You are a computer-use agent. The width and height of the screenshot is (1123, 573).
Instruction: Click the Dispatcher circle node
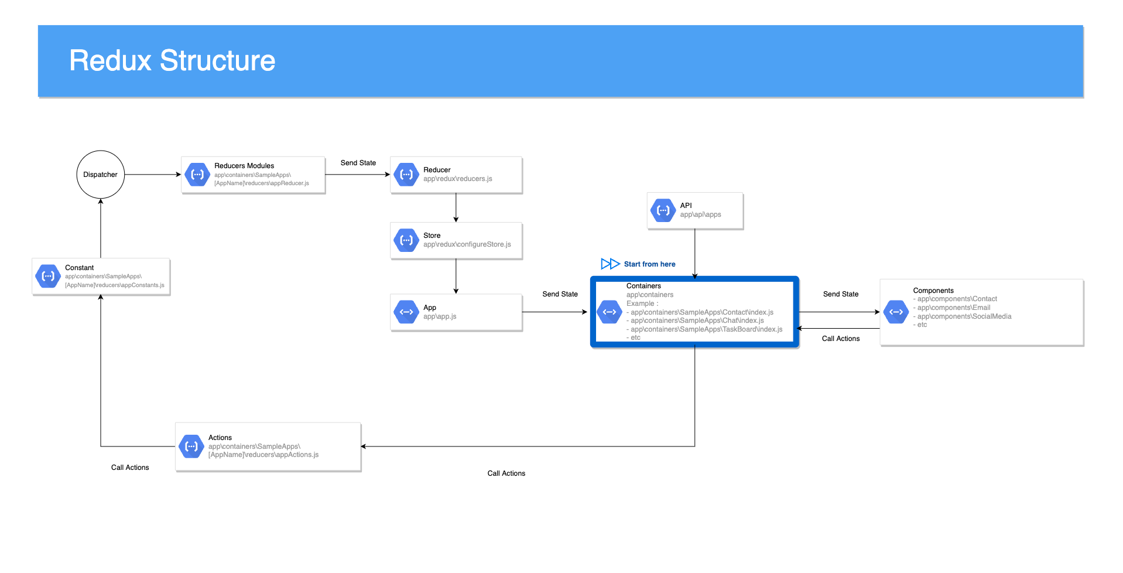tap(101, 175)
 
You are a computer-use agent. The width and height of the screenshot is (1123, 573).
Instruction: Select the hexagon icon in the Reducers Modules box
tap(197, 175)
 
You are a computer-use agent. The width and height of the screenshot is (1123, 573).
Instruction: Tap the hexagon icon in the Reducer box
tap(406, 175)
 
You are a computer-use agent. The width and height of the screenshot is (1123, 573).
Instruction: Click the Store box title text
tap(432, 236)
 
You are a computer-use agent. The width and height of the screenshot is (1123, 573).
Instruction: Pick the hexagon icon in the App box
tap(406, 312)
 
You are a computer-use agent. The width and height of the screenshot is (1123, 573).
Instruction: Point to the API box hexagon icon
tap(663, 210)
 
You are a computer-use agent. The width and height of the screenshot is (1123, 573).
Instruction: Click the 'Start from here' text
tap(649, 264)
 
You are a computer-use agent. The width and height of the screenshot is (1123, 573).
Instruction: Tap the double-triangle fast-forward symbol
tap(610, 264)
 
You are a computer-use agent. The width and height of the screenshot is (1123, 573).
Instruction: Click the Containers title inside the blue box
tap(643, 286)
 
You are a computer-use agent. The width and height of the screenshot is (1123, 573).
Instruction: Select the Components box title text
tap(933, 291)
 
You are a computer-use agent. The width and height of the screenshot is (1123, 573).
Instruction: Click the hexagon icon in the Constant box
tap(48, 277)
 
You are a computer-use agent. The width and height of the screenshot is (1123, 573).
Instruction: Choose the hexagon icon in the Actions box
tap(191, 446)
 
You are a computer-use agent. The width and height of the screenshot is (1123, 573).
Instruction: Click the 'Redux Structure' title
tap(172, 61)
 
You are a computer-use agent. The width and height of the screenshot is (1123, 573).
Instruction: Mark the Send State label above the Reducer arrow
tap(358, 163)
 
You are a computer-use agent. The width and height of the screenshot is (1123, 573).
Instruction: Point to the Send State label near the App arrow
tap(560, 294)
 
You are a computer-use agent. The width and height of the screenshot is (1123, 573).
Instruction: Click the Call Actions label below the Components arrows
tap(841, 339)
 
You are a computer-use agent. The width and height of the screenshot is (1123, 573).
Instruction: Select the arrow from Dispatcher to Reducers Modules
tap(153, 175)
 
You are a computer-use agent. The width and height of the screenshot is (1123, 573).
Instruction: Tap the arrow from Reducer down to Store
tap(456, 207)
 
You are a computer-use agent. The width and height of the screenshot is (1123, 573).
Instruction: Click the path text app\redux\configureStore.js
tap(467, 244)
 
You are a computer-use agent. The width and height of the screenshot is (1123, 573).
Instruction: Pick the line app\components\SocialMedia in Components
tap(964, 316)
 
